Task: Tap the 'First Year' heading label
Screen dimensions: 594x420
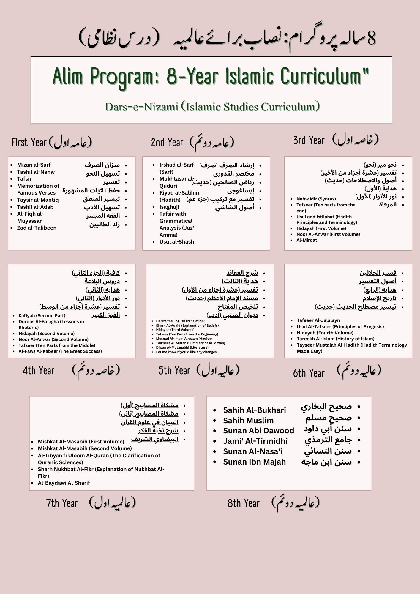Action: [x=29, y=143]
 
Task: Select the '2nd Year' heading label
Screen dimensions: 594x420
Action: [x=167, y=143]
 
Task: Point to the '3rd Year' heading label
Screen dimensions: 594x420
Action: [x=309, y=140]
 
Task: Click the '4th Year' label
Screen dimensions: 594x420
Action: [x=39, y=371]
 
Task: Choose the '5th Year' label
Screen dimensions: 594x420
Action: [x=174, y=371]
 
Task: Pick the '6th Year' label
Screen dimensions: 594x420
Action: [x=309, y=373]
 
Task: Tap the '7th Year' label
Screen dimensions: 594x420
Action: [x=62, y=503]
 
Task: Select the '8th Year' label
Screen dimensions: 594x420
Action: [x=244, y=503]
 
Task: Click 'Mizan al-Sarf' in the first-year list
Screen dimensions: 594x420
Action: [x=34, y=165]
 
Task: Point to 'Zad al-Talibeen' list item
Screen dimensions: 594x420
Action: [x=37, y=228]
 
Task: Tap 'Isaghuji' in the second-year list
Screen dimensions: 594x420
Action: [x=169, y=207]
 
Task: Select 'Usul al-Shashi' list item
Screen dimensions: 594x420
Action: [x=177, y=242]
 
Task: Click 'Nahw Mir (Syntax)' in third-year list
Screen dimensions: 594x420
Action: [x=316, y=199]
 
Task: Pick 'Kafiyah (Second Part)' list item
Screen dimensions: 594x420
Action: [x=42, y=316]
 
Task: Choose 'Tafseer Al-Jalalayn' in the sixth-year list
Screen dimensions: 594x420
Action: [x=318, y=320]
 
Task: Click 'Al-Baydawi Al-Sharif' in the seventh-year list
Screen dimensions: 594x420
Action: [x=64, y=483]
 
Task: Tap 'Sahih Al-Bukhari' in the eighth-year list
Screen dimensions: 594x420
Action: [x=254, y=410]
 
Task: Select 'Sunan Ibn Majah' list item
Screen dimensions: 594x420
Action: [x=254, y=462]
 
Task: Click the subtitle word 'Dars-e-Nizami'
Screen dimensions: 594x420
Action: [x=141, y=107]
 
